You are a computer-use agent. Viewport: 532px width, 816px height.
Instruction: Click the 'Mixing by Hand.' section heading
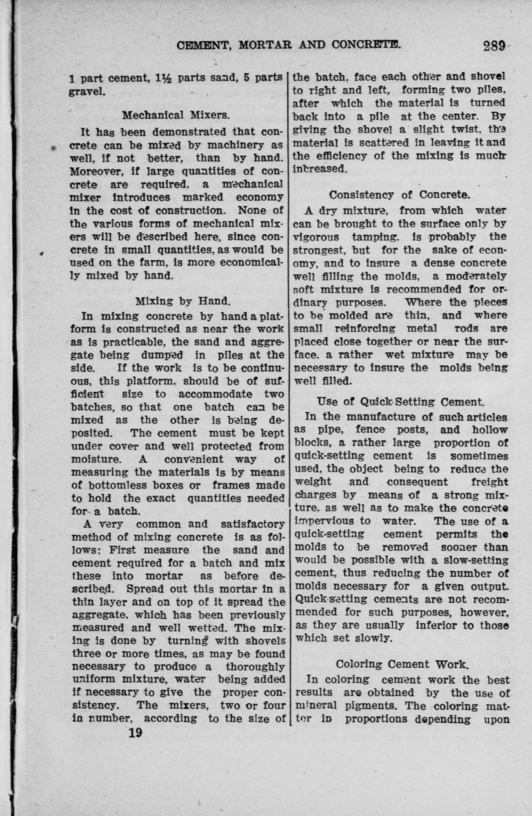(182, 301)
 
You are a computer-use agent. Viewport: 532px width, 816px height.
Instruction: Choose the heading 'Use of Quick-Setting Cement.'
(401, 401)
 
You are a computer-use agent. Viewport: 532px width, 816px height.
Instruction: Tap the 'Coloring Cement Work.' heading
(402, 664)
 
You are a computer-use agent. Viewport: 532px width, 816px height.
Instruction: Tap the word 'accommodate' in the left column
(215, 394)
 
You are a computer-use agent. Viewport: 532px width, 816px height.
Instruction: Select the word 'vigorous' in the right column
(317, 237)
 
